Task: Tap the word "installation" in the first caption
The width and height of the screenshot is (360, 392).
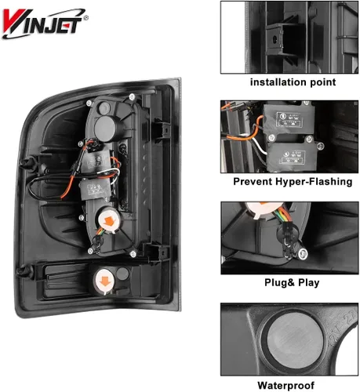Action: [278, 82]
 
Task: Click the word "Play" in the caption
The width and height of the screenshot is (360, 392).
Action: [309, 283]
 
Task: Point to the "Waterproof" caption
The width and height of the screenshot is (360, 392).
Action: [286, 385]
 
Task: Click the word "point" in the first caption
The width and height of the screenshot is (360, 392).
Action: [323, 82]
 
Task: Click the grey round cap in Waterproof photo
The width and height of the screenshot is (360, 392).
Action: [295, 340]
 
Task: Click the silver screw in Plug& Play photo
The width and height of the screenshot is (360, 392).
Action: [303, 253]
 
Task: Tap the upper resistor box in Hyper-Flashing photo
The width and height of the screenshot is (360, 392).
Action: [289, 118]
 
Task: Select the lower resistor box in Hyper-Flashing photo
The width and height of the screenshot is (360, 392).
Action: [293, 155]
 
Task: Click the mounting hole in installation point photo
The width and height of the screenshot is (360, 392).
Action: [275, 39]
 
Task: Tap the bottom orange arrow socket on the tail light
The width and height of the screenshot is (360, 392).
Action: [105, 281]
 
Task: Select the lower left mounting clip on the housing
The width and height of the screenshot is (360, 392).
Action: [26, 272]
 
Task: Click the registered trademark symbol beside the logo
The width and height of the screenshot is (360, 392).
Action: [86, 18]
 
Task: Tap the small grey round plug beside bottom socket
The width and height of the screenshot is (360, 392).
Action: [122, 274]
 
